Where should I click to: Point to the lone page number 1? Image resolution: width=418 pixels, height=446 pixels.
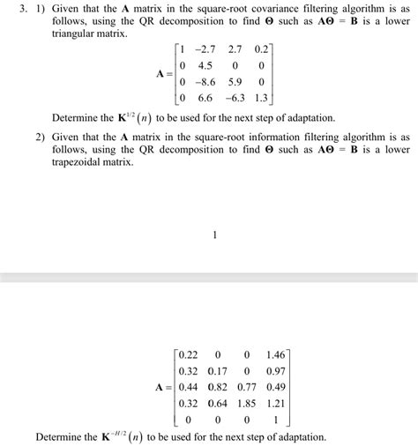(214, 235)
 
